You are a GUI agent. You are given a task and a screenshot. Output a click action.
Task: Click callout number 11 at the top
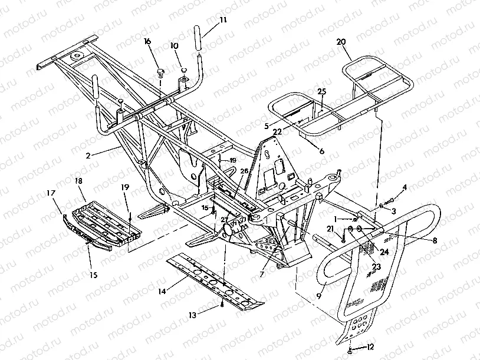[222, 19]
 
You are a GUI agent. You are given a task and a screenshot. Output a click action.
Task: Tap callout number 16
[147, 41]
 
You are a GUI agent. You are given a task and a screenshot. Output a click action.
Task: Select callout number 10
[175, 45]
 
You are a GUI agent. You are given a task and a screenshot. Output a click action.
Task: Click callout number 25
[321, 91]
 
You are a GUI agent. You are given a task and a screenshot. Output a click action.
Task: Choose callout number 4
[405, 188]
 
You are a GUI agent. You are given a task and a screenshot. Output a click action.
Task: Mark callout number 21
[331, 229]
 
